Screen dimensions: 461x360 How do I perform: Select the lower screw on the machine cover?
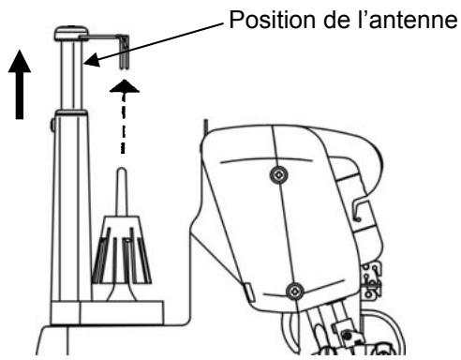pyautogui.click(x=292, y=289)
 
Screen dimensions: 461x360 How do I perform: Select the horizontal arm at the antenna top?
pyautogui.click(x=100, y=38)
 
